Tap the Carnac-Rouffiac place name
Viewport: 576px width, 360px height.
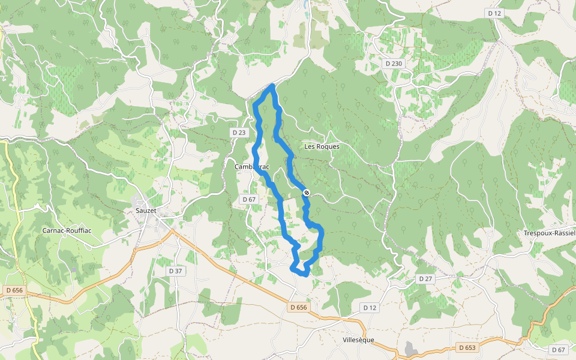click(66, 230)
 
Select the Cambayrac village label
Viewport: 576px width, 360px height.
click(252, 167)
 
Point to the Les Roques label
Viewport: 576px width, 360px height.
click(322, 146)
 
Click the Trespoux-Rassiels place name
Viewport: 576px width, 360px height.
click(550, 233)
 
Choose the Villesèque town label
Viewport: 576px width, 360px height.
click(358, 340)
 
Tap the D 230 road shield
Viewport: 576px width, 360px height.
click(394, 63)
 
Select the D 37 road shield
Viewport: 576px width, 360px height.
click(175, 271)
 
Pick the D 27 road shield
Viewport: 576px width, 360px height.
click(425, 278)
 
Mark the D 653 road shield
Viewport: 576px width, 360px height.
click(467, 347)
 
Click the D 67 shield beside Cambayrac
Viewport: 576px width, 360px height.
click(249, 199)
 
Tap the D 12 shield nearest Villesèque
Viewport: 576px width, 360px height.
click(370, 307)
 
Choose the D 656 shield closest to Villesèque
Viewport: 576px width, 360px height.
click(298, 307)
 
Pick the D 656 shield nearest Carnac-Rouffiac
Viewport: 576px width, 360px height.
click(14, 290)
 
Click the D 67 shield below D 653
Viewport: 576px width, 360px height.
click(558, 349)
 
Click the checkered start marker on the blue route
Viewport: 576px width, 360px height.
click(307, 193)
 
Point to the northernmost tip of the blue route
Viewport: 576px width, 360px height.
click(272, 86)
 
